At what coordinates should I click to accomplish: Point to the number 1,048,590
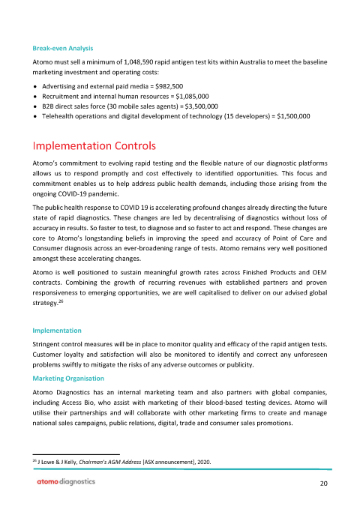tap(133, 61)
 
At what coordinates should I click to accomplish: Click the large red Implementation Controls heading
tap(94, 145)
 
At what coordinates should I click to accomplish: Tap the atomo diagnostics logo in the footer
tap(67, 483)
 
